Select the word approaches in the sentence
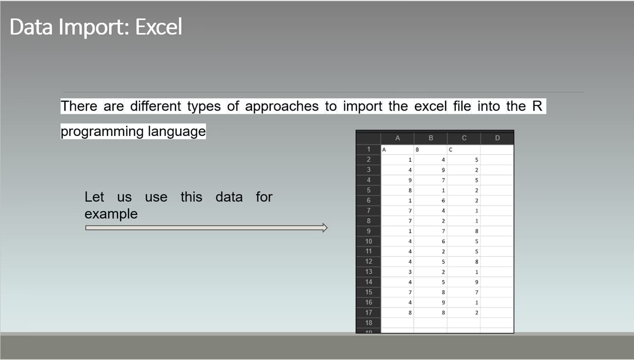click(282, 106)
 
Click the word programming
click(102, 131)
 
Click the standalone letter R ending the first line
click(538, 106)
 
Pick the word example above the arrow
click(111, 214)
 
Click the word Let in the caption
click(94, 197)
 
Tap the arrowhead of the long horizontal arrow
click(324, 227)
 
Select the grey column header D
click(497, 138)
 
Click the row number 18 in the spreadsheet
click(368, 322)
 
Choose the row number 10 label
click(368, 241)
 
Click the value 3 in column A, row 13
click(409, 272)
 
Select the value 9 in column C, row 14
click(477, 282)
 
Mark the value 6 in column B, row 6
click(443, 201)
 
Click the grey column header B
click(430, 138)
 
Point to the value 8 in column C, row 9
click(477, 231)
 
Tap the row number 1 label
click(368, 149)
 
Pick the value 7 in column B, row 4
click(443, 180)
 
